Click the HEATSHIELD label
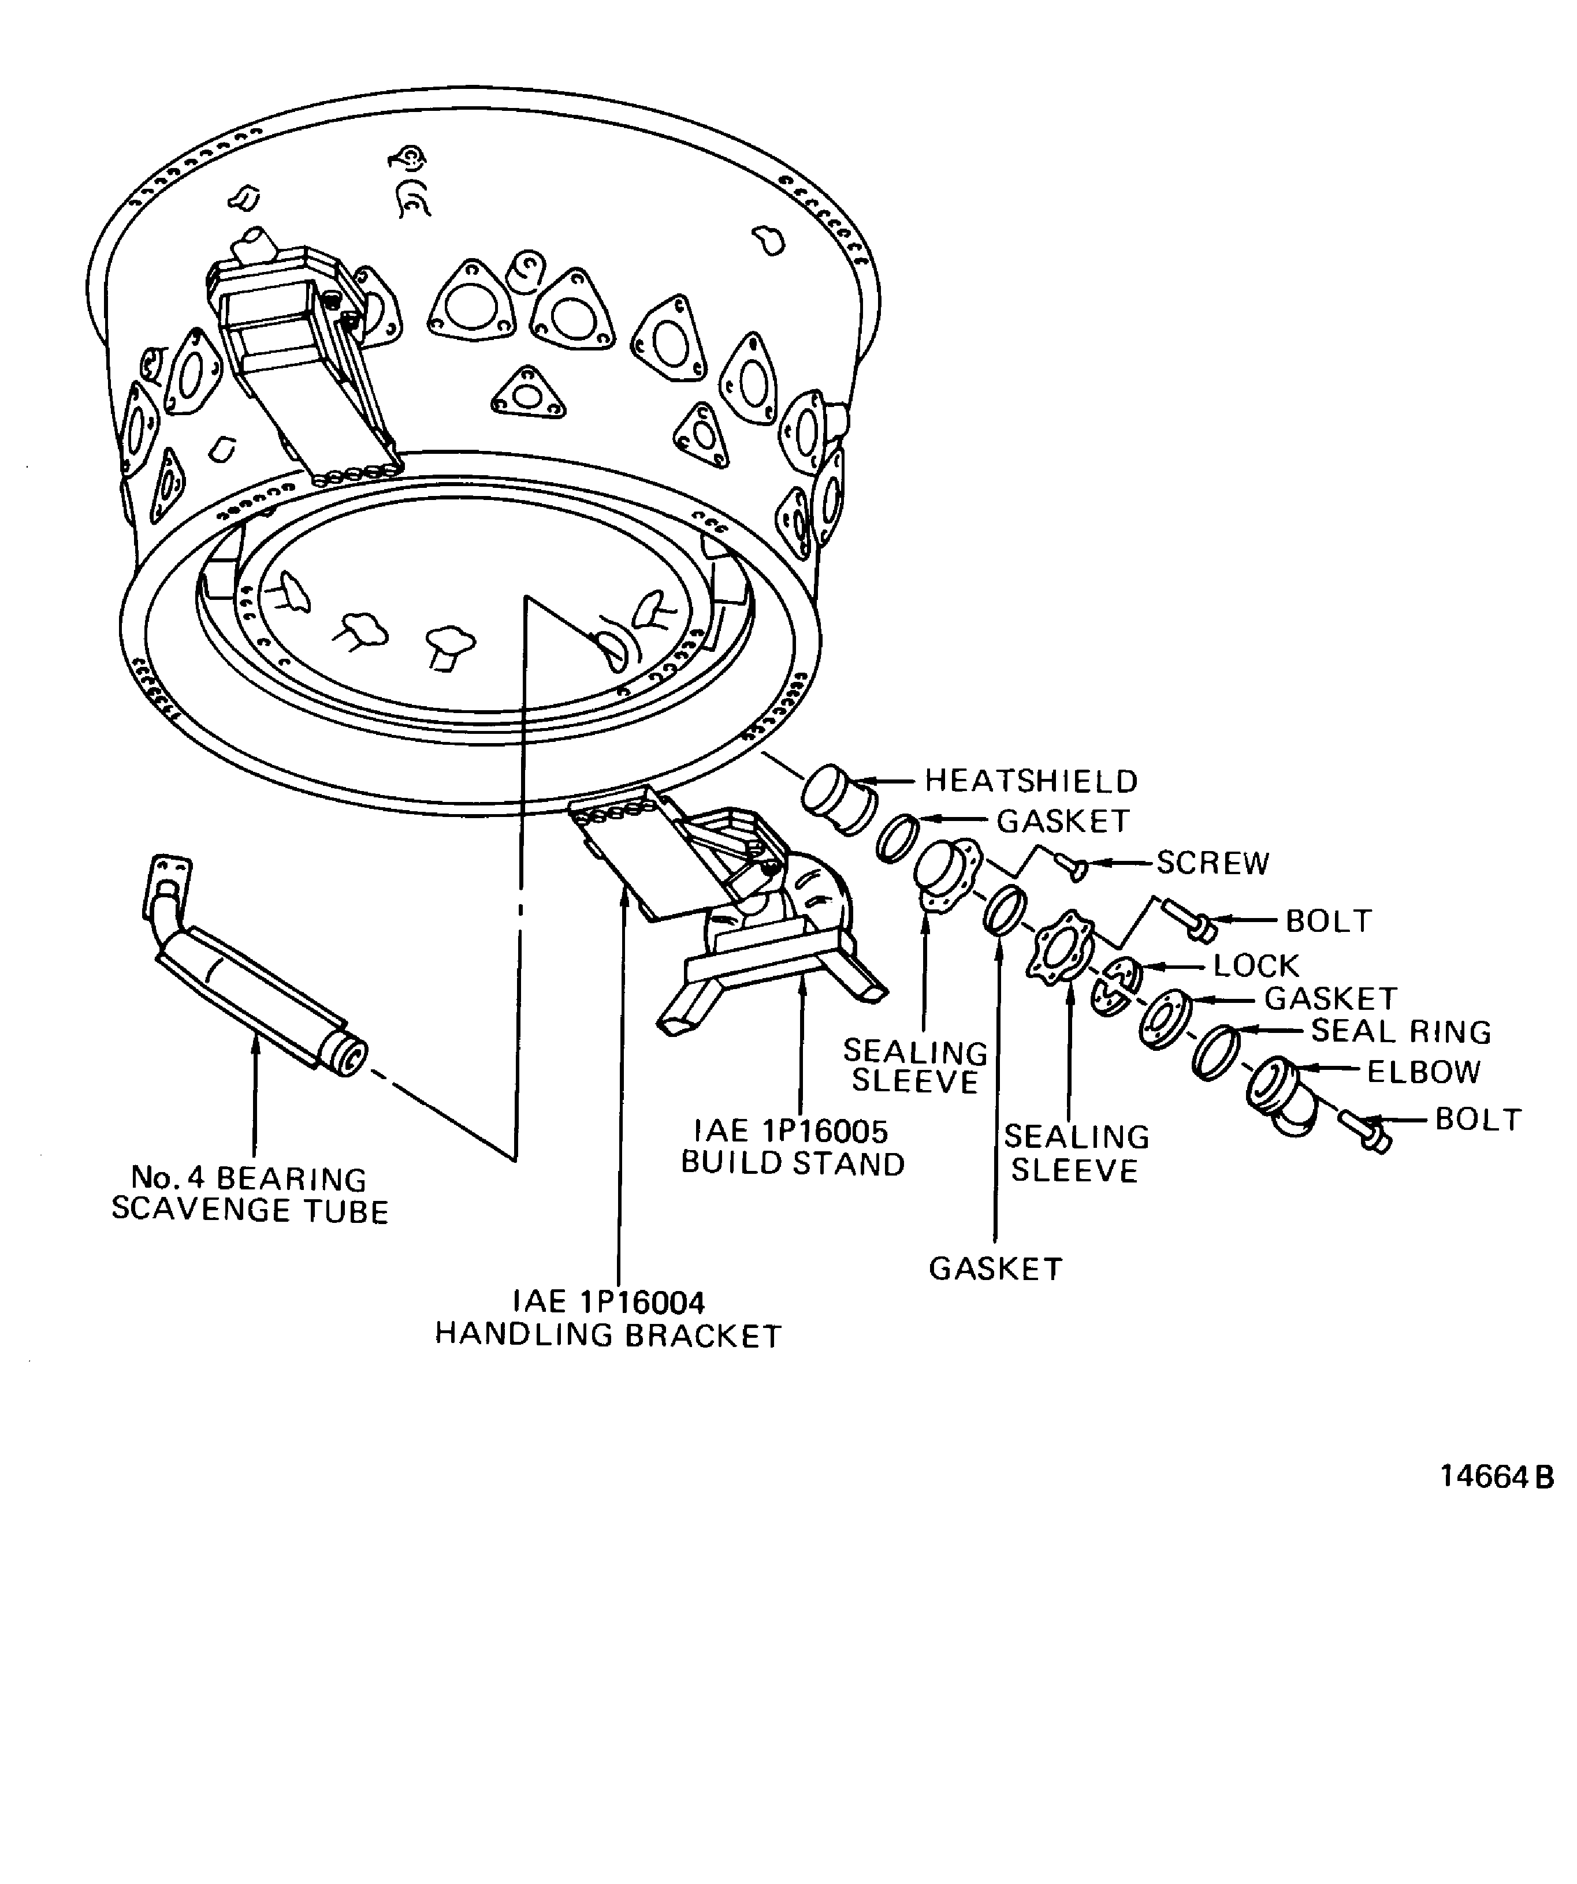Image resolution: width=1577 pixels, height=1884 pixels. (1031, 781)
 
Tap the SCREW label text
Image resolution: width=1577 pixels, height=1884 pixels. (1212, 863)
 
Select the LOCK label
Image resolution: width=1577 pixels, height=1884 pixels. (1256, 965)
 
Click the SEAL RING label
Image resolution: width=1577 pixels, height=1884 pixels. (1401, 1032)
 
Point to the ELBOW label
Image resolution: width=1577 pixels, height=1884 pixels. (1423, 1071)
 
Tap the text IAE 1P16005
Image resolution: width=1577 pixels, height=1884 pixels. (791, 1131)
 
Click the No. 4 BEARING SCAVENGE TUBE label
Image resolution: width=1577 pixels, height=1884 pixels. (250, 1194)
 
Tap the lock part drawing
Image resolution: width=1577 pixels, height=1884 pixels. (1115, 985)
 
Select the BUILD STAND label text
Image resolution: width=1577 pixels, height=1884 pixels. (793, 1163)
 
